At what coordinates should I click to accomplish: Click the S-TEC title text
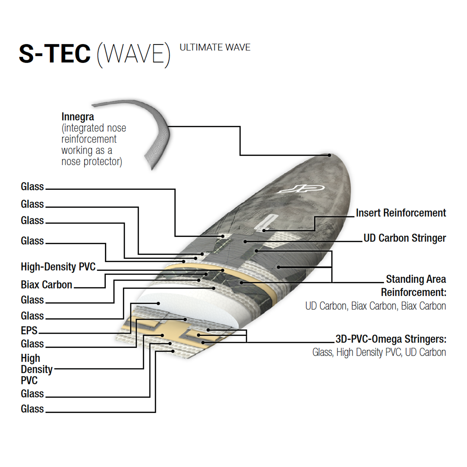(x=55, y=53)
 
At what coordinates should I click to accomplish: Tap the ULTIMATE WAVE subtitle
(x=215, y=47)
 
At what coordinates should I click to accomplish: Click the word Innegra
(x=78, y=117)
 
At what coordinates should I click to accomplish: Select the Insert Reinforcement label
(x=400, y=213)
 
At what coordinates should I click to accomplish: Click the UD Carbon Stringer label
(x=405, y=238)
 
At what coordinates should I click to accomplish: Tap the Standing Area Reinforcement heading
(x=414, y=285)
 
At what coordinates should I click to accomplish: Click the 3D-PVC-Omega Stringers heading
(x=391, y=339)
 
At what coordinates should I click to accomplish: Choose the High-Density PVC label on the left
(x=58, y=267)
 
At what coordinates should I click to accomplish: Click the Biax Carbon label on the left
(x=46, y=285)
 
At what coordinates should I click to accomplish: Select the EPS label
(x=29, y=331)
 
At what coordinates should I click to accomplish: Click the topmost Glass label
(x=32, y=186)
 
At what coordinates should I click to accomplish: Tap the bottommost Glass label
(x=32, y=409)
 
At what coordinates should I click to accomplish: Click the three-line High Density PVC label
(x=36, y=369)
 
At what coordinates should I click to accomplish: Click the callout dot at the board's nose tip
(x=330, y=155)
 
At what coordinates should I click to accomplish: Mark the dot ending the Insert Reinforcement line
(x=264, y=231)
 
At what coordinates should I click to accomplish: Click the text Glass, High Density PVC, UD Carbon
(x=379, y=352)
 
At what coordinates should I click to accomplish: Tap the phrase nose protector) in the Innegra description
(x=92, y=161)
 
